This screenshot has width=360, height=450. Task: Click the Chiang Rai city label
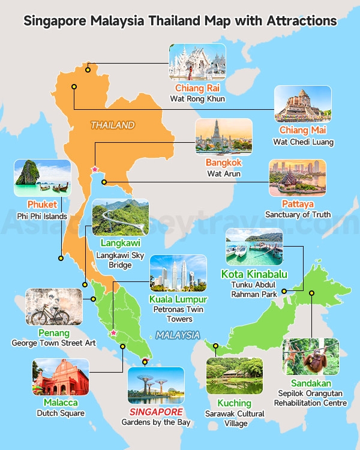(196, 88)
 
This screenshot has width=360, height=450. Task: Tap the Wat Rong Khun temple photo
(197, 62)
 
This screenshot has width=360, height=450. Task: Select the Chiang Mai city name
(303, 130)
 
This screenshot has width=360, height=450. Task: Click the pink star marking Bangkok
(94, 170)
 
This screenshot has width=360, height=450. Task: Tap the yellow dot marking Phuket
(61, 258)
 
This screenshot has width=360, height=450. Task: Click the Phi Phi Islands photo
(42, 178)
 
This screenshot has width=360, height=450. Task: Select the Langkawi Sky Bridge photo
(121, 218)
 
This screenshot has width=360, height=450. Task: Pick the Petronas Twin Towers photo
(178, 274)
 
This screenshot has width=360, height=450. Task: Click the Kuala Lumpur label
(178, 299)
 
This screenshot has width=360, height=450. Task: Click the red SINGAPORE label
(156, 413)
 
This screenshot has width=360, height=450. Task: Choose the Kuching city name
(234, 403)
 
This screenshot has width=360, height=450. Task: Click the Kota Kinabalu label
(254, 275)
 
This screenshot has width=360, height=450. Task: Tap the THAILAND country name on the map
(112, 125)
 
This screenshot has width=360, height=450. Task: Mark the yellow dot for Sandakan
(312, 293)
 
